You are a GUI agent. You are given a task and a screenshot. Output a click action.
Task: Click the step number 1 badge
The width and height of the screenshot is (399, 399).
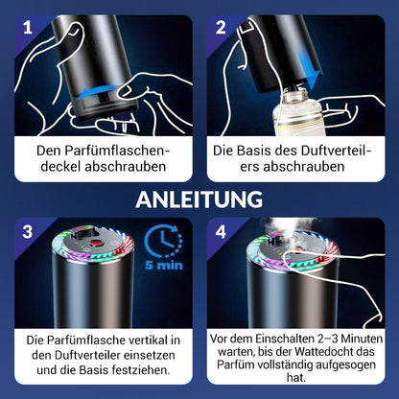coord(28,28)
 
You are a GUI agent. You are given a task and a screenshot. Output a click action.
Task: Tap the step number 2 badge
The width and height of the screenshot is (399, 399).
coord(221,28)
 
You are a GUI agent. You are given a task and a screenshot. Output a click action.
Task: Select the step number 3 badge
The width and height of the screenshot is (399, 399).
coord(28,231)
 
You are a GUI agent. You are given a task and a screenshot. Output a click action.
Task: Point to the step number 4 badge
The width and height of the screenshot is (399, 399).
coord(221,231)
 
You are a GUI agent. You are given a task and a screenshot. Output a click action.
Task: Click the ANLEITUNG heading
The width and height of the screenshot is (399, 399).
coord(199,199)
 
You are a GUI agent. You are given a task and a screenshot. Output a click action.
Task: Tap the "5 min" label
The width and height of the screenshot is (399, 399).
coord(164,265)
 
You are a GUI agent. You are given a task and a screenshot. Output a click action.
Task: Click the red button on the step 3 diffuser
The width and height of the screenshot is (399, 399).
coord(95,243)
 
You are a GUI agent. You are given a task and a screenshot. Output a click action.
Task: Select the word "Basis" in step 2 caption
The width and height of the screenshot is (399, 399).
coord(252,151)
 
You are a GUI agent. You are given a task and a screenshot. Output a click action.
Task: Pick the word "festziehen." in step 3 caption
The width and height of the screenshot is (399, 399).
coord(141,370)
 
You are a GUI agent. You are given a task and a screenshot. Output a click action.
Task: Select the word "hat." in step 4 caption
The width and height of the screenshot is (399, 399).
coord(296,377)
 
